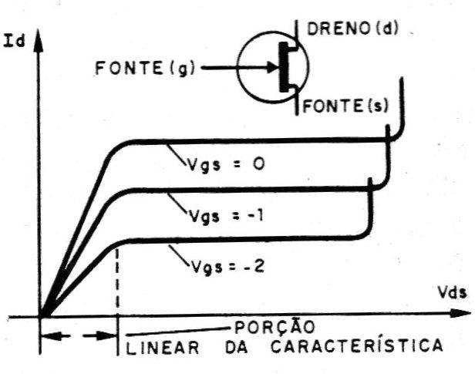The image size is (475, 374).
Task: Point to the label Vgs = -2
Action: pos(221,268)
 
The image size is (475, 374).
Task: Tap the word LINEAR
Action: pos(157,345)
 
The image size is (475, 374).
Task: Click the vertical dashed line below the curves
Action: pos(117,285)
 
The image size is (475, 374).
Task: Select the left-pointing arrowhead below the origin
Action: pos(47,336)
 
